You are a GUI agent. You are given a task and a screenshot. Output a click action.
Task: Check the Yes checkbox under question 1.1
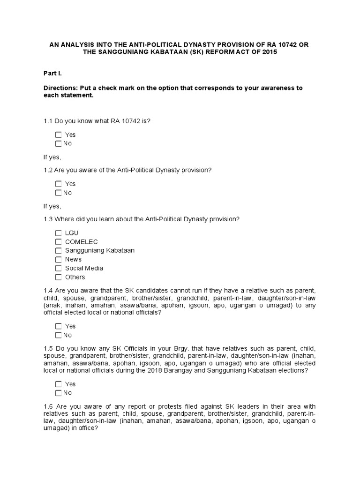(58, 135)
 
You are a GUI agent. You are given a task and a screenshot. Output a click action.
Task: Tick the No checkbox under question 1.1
(58, 144)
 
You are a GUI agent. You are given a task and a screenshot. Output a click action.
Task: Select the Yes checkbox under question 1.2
(58, 184)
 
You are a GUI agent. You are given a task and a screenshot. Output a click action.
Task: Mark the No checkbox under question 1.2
(58, 193)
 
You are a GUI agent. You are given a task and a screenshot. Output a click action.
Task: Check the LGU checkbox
(58, 233)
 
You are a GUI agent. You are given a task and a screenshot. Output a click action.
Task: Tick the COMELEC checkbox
(58, 242)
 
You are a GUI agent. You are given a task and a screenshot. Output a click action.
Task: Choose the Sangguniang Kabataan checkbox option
(58, 250)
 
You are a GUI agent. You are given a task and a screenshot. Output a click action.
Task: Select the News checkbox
(58, 259)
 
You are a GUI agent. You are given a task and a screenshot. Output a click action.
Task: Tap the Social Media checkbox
(58, 268)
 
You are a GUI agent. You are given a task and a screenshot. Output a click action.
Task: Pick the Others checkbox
(58, 277)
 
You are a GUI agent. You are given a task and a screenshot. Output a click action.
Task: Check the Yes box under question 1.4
(58, 326)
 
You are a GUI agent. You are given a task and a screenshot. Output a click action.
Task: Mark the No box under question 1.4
(58, 335)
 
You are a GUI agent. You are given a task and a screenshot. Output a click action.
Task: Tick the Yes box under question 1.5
(58, 384)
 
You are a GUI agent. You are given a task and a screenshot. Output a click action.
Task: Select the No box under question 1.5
(58, 393)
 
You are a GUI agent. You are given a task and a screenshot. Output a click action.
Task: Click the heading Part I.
(52, 74)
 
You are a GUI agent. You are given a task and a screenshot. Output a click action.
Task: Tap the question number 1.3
(48, 219)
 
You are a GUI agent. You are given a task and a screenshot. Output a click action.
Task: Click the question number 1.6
(48, 406)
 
